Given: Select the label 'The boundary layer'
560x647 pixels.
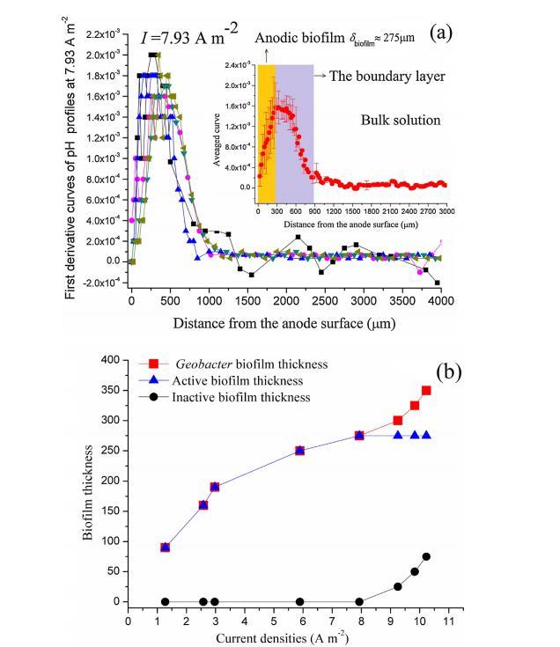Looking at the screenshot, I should [387, 76].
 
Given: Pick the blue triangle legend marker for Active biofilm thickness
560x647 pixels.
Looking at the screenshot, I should [154, 380].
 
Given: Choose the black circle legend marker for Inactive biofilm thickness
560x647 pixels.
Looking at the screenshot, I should [154, 397].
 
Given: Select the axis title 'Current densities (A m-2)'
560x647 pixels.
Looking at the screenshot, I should [288, 636].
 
